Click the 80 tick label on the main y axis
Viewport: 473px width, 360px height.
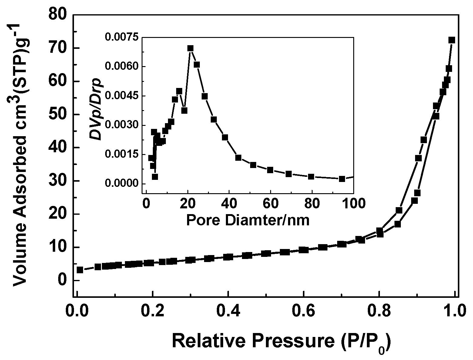click(x=59, y=15)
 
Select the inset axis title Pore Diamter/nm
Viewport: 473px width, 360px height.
click(x=248, y=220)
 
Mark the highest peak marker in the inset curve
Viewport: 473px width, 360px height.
click(x=190, y=48)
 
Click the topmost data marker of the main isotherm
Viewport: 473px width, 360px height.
click(x=452, y=40)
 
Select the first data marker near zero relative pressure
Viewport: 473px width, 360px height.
click(x=80, y=270)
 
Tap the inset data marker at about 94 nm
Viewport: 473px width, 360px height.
click(x=342, y=179)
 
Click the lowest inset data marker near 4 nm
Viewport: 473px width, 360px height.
click(x=155, y=177)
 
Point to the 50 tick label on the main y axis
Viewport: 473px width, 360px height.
click(x=59, y=115)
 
